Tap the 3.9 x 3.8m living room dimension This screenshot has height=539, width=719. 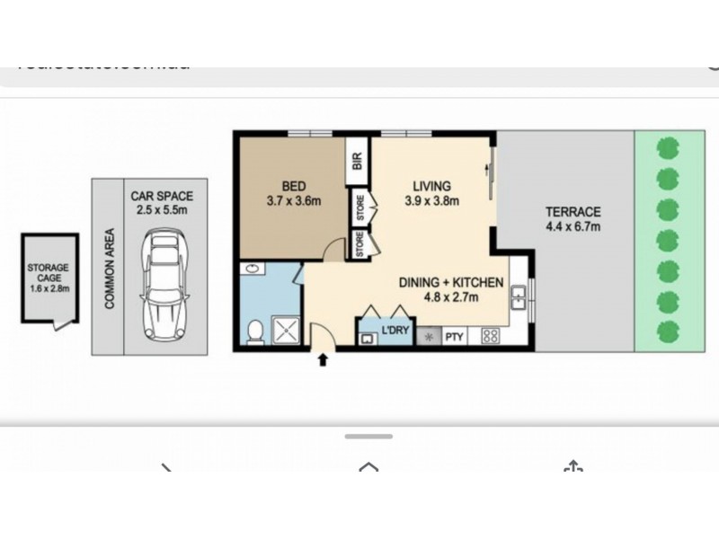tap(430, 201)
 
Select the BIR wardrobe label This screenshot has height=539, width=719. tap(358, 162)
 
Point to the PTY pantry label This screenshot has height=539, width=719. tap(454, 337)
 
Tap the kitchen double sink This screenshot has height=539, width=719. tap(519, 296)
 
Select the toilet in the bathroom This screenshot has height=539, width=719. tap(255, 333)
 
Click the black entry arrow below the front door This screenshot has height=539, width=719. tap(323, 361)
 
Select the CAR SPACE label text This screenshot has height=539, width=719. tap(163, 196)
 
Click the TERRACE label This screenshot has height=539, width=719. tap(573, 212)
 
